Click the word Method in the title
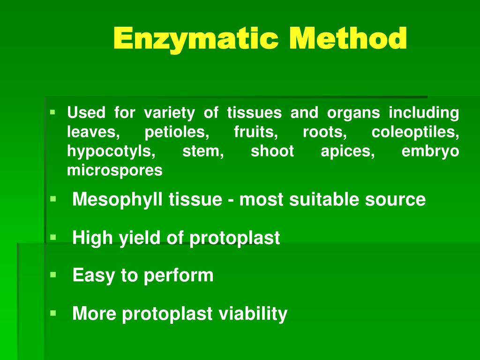coord(348,38)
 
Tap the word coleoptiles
coord(415,133)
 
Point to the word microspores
coord(115,171)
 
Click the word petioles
coord(178,133)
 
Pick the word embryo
coord(430,152)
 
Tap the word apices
coord(348,152)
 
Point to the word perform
coord(179,275)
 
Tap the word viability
coord(253,313)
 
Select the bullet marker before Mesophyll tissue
coord(53,199)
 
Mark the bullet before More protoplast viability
coord(53,312)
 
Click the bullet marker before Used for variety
coord(53,112)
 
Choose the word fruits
coord(256,133)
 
